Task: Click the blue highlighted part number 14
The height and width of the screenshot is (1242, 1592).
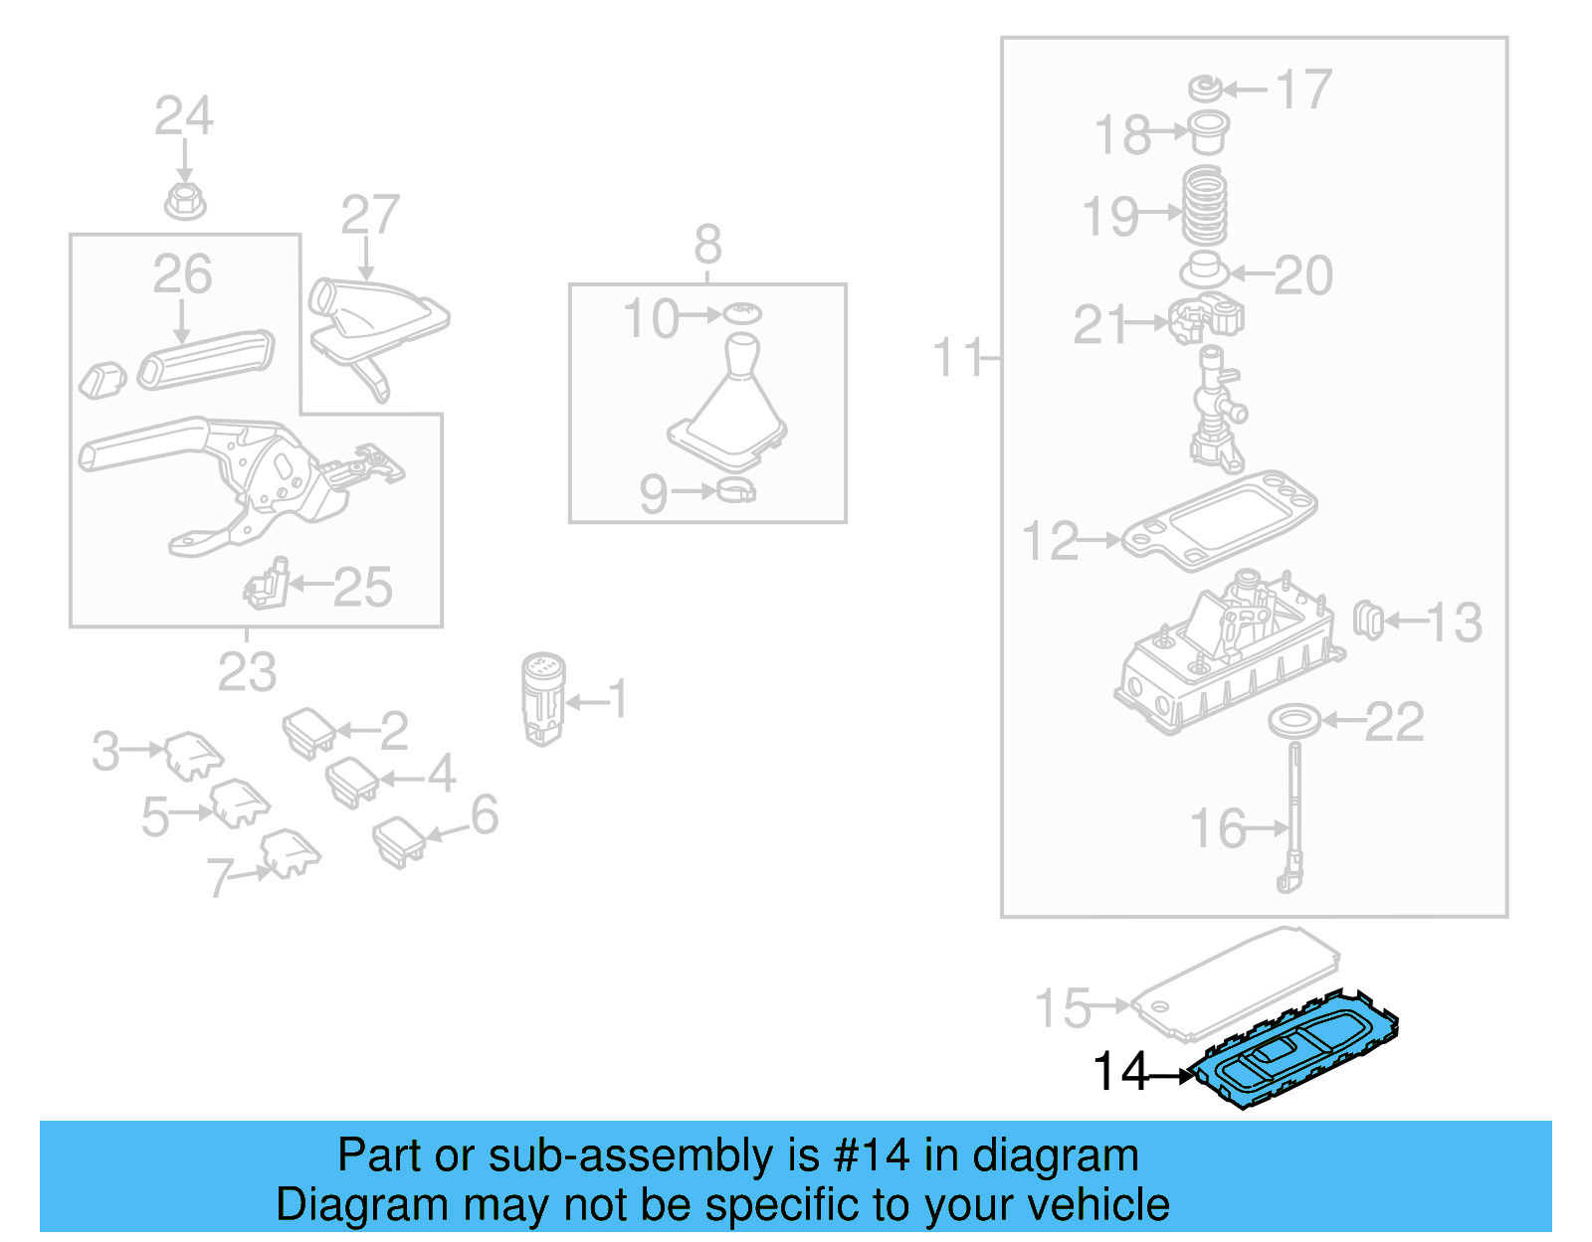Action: [1298, 1056]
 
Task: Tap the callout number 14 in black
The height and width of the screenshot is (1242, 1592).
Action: [1120, 1072]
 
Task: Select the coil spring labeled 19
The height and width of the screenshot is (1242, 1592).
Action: [1204, 206]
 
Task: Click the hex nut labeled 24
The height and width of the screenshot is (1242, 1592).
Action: [184, 201]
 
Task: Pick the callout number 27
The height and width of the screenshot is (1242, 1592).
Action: [370, 215]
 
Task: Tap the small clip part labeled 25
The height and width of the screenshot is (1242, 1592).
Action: [267, 584]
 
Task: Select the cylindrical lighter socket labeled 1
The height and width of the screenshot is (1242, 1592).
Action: [543, 698]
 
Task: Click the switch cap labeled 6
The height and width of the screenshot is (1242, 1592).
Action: [399, 840]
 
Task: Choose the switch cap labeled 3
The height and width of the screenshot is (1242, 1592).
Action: [193, 755]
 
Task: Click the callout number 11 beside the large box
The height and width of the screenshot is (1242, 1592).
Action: [957, 358]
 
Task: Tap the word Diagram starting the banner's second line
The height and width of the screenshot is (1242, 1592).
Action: [336, 1204]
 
